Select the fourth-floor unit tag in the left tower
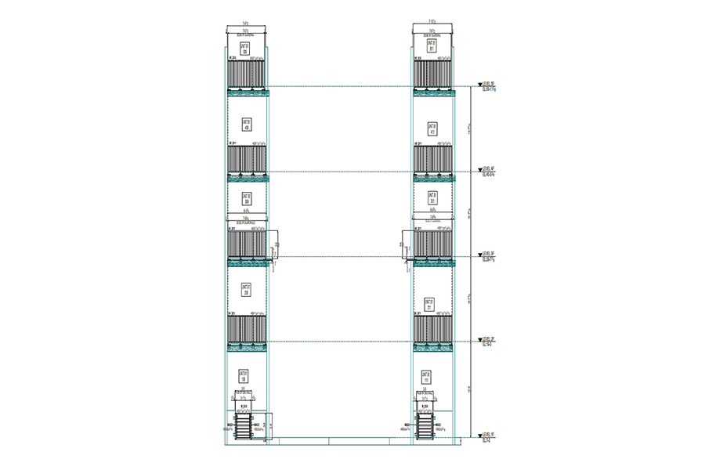pos(246,125)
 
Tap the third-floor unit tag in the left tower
pos(246,198)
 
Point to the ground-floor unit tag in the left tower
pos(243,377)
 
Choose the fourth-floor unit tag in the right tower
pos(432,128)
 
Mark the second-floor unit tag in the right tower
pos(429,304)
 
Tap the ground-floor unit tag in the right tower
pos(426,377)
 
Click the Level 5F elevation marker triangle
pos(480,85)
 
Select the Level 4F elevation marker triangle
pos(480,170)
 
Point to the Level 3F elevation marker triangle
pos(480,255)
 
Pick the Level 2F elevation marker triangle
pos(480,341)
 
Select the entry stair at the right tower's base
pos(424,428)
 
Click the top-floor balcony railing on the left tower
pos(247,74)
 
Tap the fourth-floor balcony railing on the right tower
pos(432,159)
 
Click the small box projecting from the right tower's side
pos(407,244)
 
